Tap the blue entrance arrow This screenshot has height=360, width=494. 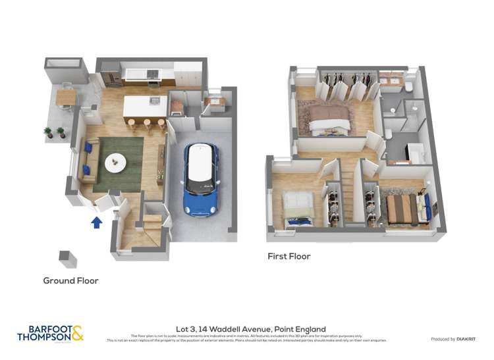tap(96, 223)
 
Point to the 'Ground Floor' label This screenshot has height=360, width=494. tap(70, 281)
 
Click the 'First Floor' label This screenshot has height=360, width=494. tap(288, 256)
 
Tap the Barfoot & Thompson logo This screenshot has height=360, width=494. tap(51, 334)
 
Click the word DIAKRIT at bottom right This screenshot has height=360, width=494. tap(466, 339)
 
